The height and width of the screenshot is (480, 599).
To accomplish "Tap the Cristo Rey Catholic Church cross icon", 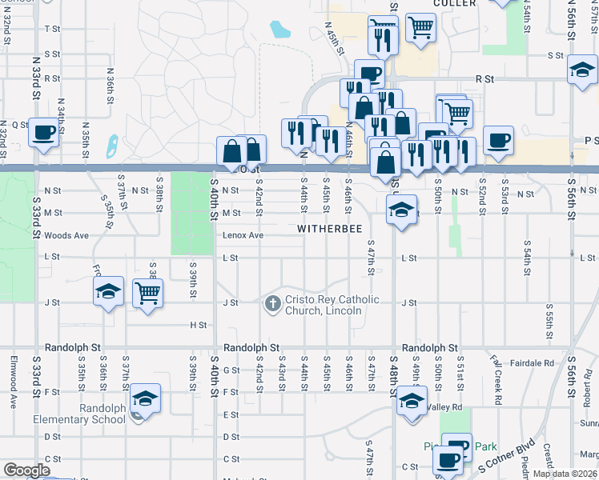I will [272, 304].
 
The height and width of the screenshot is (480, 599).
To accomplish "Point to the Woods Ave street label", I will [66, 235].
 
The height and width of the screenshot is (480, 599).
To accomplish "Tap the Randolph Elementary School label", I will [78, 414].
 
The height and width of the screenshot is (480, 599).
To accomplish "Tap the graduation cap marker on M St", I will [400, 210].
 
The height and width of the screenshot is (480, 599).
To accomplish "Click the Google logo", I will [26, 470].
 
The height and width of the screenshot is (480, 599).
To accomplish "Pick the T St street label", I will [53, 29].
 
